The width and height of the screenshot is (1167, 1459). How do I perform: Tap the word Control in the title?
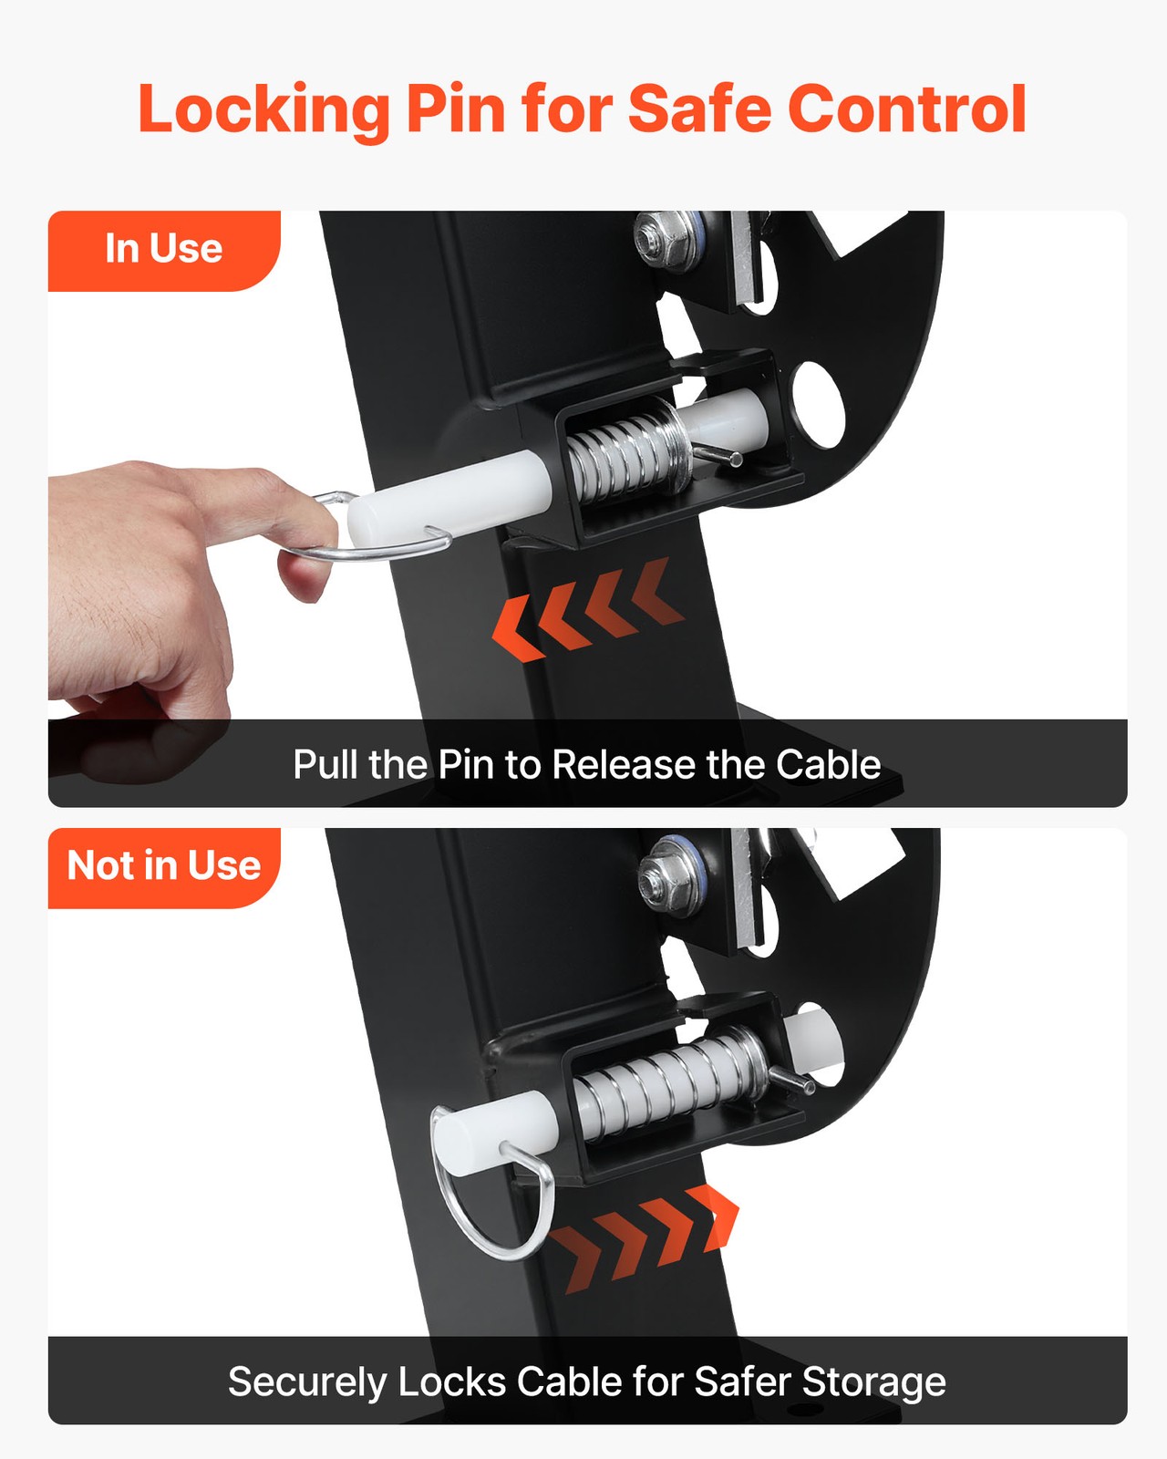pyautogui.click(x=906, y=109)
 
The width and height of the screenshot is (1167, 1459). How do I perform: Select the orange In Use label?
pyautogui.click(x=164, y=251)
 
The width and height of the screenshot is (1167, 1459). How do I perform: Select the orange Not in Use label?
pyautogui.click(x=164, y=868)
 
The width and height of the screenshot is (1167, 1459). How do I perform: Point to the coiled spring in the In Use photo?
pyautogui.click(x=627, y=453)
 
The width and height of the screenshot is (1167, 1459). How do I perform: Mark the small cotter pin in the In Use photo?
pyautogui.click(x=718, y=456)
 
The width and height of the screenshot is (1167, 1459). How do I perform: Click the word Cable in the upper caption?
pyautogui.click(x=828, y=764)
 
